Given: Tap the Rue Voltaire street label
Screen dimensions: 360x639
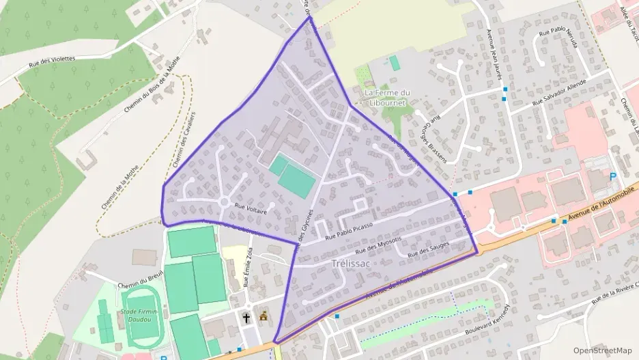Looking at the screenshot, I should [x=249, y=206].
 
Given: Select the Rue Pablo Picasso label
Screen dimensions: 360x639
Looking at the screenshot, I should [x=349, y=231].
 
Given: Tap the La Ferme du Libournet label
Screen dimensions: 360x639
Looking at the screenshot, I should [x=387, y=97].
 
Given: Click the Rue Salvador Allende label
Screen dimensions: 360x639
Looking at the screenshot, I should [x=560, y=93].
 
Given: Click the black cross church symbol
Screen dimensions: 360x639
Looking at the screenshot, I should [x=246, y=317].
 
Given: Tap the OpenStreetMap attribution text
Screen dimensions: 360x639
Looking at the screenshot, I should [x=603, y=350].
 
